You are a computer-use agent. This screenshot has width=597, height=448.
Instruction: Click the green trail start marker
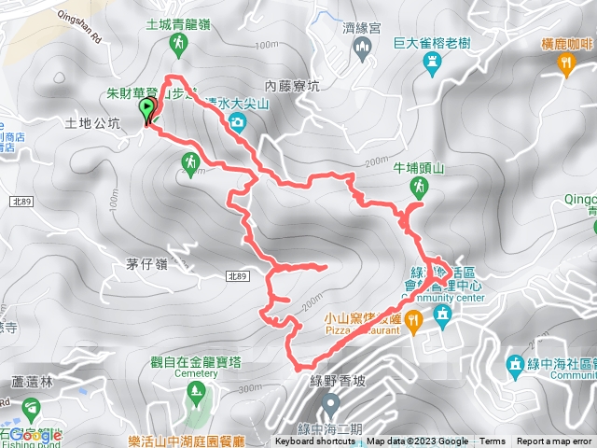click(x=147, y=111)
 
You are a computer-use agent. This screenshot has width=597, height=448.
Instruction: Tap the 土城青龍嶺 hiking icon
click(x=182, y=44)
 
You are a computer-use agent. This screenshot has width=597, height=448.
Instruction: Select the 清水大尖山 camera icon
click(x=240, y=122)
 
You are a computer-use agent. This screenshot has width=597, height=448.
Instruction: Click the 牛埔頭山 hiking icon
click(x=418, y=188)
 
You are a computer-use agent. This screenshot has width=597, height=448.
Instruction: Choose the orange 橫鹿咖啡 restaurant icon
click(x=565, y=63)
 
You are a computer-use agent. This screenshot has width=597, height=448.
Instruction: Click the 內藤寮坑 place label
click(x=292, y=86)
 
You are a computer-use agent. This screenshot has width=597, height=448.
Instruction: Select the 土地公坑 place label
click(x=92, y=122)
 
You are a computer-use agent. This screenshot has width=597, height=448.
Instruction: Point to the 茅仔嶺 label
click(x=150, y=264)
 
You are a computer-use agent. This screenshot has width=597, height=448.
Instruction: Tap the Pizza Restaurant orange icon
click(x=413, y=319)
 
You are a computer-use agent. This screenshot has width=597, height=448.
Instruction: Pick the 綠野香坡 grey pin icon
click(x=329, y=403)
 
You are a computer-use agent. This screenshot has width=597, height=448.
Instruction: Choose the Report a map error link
click(x=555, y=441)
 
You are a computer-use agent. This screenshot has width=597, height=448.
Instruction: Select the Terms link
click(x=493, y=441)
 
